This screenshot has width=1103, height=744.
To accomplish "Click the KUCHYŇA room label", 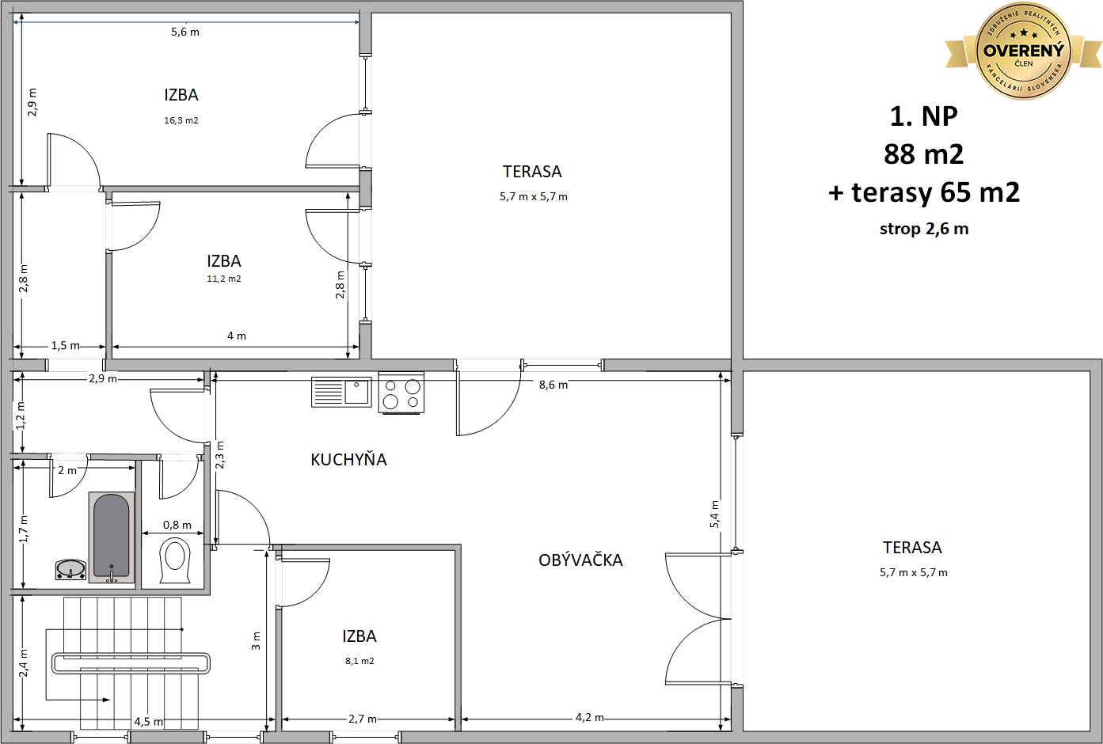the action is tap(348, 460).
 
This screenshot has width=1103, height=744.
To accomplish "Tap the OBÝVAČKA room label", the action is tap(580, 560).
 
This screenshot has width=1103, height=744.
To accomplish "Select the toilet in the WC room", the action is tap(175, 560).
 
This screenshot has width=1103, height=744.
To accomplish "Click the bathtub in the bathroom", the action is tap(112, 537).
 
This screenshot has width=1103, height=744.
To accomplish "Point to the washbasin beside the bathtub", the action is tap(70, 569).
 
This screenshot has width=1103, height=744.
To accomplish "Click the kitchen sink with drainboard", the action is tap(341, 392).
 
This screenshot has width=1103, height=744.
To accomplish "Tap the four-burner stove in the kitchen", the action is tap(401, 393).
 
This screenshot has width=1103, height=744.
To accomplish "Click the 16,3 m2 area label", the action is tap(181, 120).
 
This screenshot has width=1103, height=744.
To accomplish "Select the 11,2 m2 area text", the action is tap(224, 279).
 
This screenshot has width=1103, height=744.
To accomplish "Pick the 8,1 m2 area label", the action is tap(359, 661).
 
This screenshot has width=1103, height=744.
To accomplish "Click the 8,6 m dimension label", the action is tap(553, 385).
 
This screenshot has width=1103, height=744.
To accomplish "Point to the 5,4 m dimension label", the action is tap(714, 514).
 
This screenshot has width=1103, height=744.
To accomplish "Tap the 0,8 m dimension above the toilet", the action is tap(177, 525).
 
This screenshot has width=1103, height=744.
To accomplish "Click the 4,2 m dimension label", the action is tap(589, 717).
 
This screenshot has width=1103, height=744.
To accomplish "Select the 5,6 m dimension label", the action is tap(185, 32).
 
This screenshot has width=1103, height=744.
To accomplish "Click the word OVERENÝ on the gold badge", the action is tap(1024, 51).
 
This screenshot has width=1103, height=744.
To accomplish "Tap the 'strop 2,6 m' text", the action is tap(924, 229).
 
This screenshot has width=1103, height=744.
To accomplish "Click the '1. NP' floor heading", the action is tap(924, 116).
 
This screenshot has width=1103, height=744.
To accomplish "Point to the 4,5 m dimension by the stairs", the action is tap(149, 721).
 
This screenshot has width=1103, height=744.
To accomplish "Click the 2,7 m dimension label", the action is tap(363, 719).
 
